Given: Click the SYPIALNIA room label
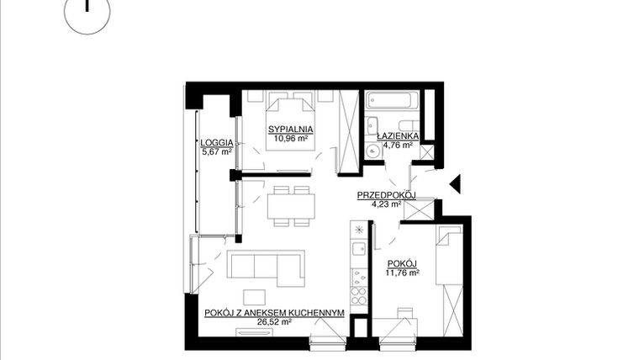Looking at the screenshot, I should [x=291, y=130].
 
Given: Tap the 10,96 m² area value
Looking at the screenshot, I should [x=291, y=139].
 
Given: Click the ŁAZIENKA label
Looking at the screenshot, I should [x=393, y=135].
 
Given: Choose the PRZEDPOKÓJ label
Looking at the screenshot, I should [x=387, y=195].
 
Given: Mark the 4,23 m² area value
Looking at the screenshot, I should [x=387, y=204].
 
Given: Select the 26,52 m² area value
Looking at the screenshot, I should [x=273, y=321].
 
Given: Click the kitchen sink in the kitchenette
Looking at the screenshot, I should [x=358, y=250].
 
